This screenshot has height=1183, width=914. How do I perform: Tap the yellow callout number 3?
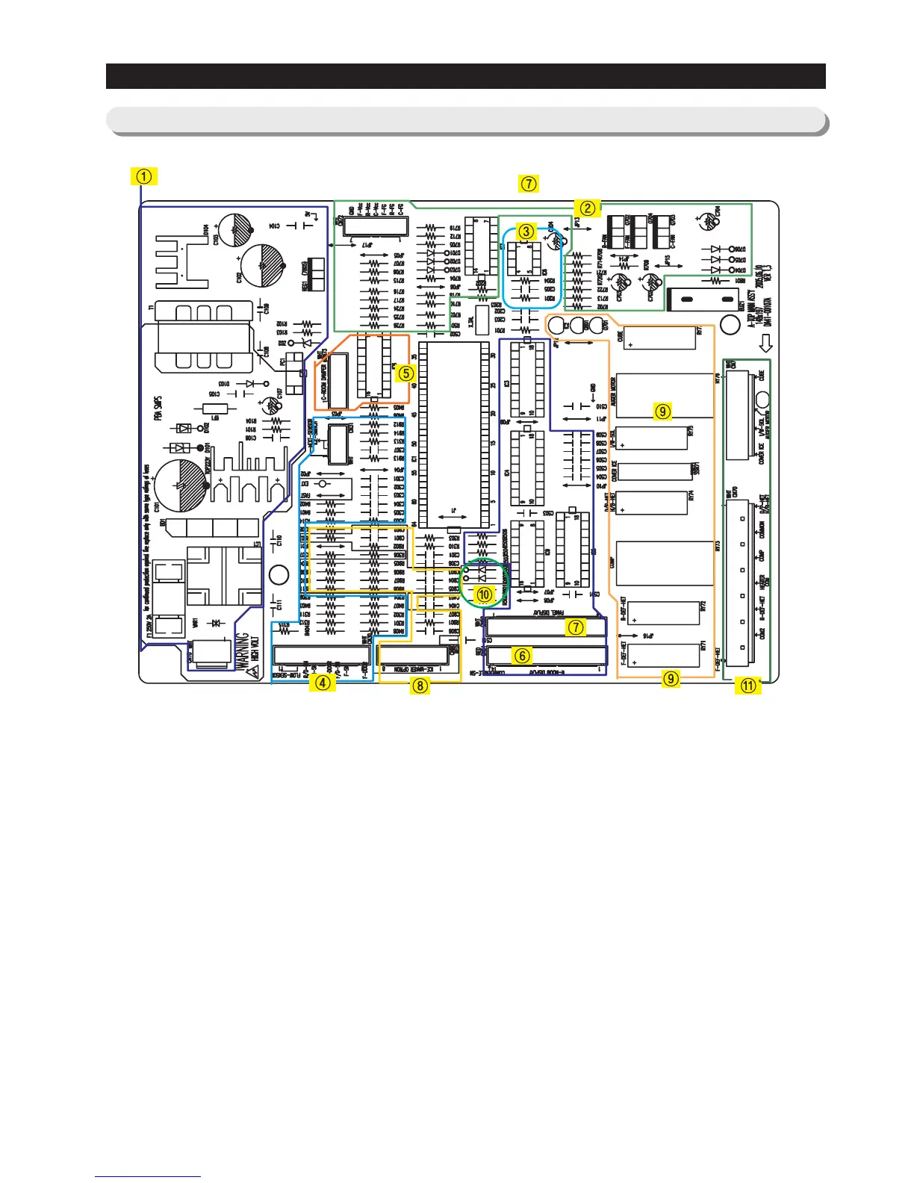click(x=526, y=232)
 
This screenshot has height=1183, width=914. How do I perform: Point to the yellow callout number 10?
click(x=485, y=594)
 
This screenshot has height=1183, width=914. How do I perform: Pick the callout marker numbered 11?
click(x=747, y=686)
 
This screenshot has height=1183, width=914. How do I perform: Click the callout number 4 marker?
click(x=322, y=681)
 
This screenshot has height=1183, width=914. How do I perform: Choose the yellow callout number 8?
click(x=420, y=684)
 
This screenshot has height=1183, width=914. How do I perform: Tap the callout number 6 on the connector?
click(x=522, y=655)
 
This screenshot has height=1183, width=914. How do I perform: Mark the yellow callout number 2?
click(x=588, y=208)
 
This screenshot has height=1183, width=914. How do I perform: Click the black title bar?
click(x=465, y=76)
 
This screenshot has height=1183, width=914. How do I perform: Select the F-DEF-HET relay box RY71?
click(x=663, y=655)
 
